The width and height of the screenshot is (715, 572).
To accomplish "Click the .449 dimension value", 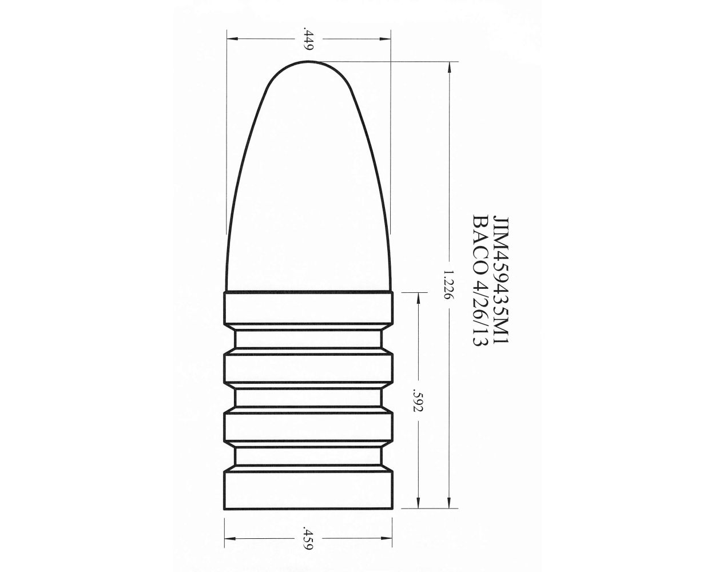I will pyautogui.click(x=309, y=39).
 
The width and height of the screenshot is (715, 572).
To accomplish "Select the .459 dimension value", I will pyautogui.click(x=309, y=538).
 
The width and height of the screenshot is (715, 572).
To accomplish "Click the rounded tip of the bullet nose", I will pyautogui.click(x=309, y=63).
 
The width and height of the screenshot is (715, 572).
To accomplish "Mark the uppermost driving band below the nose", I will pyautogui.click(x=309, y=309).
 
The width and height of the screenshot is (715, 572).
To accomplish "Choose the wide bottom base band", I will pyautogui.click(x=309, y=489).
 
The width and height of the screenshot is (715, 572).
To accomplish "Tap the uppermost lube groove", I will pyautogui.click(x=309, y=340).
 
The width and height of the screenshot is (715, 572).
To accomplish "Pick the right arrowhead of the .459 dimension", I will pyautogui.click(x=390, y=538).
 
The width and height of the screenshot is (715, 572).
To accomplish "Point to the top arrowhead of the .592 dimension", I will pyautogui.click(x=418, y=297).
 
